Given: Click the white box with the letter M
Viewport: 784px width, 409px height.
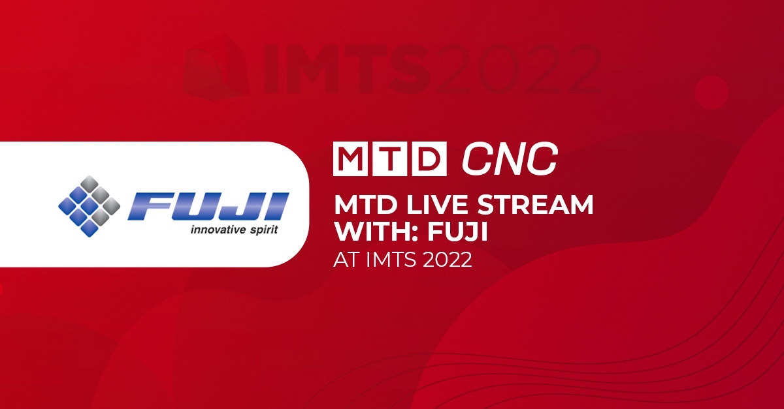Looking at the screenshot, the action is tap(350, 159).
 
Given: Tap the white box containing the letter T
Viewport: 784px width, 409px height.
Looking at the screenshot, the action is tap(389, 159).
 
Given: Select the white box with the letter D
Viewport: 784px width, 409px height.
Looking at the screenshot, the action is tap(429, 159).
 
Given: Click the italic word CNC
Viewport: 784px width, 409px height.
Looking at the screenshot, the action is tap(510, 159).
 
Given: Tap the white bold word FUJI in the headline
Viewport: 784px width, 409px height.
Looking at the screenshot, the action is tap(457, 231).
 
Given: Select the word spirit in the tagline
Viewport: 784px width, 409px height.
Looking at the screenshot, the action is tap(265, 230).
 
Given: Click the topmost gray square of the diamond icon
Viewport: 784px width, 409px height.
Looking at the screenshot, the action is tap(90, 183).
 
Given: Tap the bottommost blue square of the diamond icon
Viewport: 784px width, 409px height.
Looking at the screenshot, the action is tap(90, 228).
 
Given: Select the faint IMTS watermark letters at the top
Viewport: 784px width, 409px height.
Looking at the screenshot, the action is tap(347, 70).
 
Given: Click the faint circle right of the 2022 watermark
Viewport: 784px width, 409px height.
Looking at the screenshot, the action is tap(711, 92).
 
